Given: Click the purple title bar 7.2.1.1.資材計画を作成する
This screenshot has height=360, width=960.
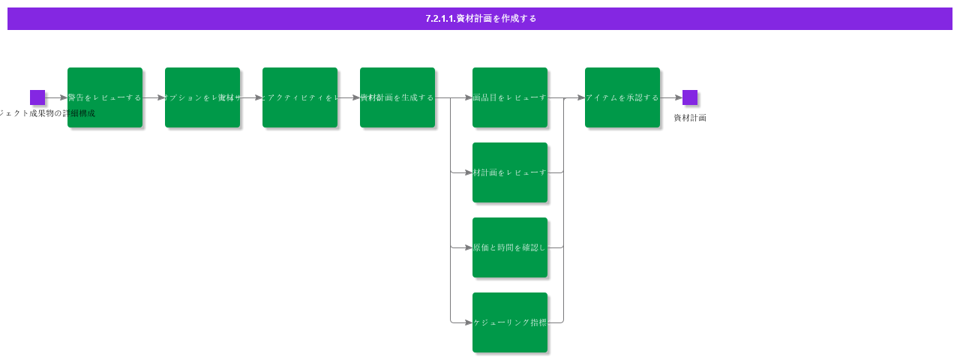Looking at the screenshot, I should [x=480, y=19].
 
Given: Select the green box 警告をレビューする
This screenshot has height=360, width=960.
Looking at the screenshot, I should [x=105, y=97].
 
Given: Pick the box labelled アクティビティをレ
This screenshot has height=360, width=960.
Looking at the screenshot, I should [x=300, y=97].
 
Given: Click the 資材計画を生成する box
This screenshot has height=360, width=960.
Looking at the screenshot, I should [x=397, y=97].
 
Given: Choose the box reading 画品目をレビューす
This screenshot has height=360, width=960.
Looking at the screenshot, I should [x=510, y=97].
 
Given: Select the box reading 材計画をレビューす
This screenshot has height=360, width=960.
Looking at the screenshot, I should [x=510, y=172].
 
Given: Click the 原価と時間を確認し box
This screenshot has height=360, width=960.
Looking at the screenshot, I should [x=510, y=247].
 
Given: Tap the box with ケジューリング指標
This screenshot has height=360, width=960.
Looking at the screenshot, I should [x=510, y=322].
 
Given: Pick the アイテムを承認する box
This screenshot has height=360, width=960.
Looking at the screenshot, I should [x=622, y=97].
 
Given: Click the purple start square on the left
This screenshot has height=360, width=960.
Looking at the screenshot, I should [x=37, y=97].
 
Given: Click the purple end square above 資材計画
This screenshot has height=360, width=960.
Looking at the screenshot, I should [x=690, y=97].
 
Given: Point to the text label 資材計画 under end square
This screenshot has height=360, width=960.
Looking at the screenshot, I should [x=690, y=118].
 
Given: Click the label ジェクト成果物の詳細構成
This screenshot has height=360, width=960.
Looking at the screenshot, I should [x=46, y=113].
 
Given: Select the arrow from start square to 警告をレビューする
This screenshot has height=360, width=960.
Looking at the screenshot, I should [x=56, y=97].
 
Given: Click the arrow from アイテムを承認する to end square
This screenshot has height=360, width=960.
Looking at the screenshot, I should [x=671, y=97].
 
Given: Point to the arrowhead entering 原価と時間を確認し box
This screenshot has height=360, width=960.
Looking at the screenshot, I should [x=469, y=247].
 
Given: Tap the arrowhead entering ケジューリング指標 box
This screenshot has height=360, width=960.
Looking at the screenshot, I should [x=469, y=322].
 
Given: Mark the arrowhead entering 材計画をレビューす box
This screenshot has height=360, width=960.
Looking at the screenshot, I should [x=469, y=172].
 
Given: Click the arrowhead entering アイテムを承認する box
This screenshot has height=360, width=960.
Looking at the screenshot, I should [x=581, y=97].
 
